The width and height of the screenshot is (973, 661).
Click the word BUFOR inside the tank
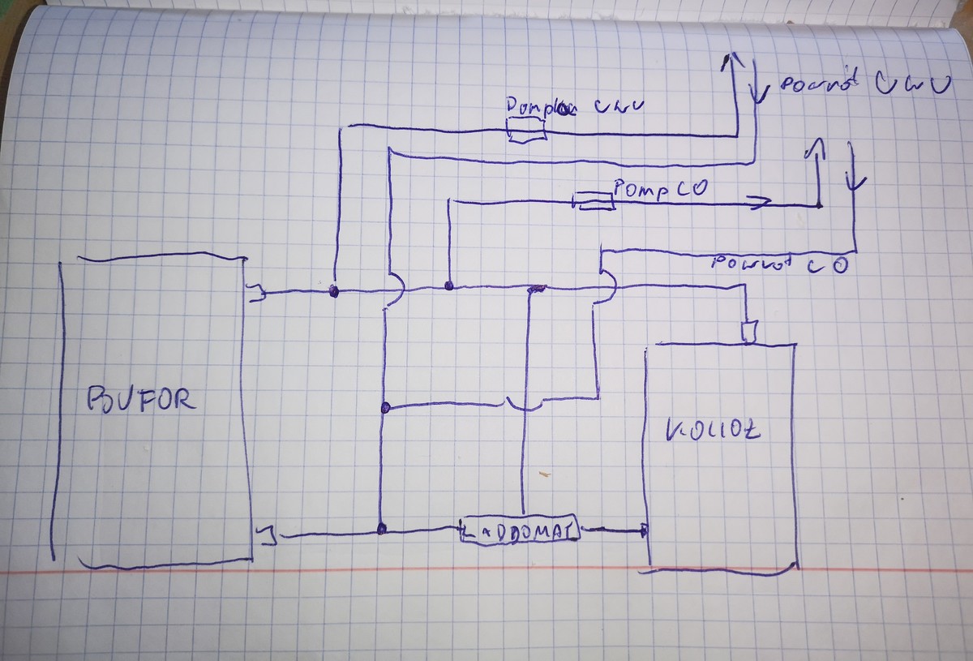(x=140, y=401)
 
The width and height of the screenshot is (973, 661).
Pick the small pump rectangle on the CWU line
(x=526, y=130)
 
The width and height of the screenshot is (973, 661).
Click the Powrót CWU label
(x=863, y=85)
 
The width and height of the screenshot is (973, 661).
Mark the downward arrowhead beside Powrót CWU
(x=758, y=96)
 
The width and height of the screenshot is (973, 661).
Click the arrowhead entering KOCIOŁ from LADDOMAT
(x=642, y=532)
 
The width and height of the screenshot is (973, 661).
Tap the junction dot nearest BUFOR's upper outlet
(x=333, y=291)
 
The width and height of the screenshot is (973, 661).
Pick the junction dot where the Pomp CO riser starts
(x=448, y=285)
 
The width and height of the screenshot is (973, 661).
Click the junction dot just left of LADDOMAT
(x=381, y=530)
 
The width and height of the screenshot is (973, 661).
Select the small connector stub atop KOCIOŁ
(x=749, y=331)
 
